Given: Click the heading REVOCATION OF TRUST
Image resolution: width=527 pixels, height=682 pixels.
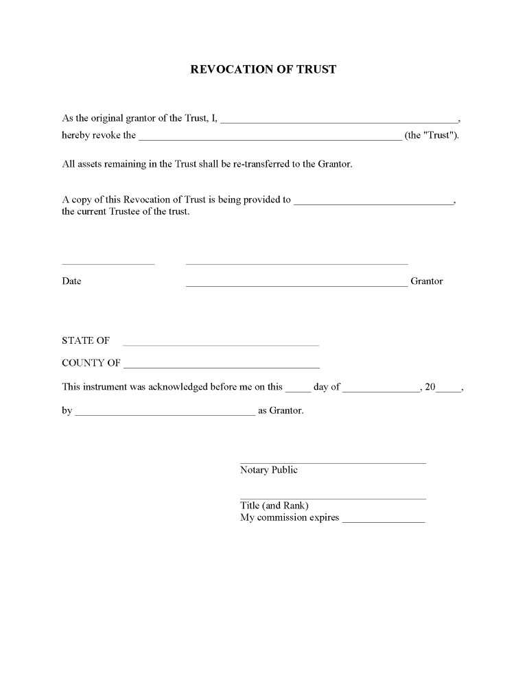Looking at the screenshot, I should click(x=263, y=69).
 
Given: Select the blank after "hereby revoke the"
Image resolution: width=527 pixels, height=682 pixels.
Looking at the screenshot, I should click(x=270, y=137).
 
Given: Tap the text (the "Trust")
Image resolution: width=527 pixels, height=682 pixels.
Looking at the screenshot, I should click(x=432, y=135).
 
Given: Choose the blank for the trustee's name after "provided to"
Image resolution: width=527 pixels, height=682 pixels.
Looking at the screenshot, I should click(x=373, y=202).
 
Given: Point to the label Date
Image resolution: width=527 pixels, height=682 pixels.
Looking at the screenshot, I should click(x=71, y=281).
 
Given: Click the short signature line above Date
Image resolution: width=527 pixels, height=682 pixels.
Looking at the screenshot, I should click(x=108, y=263).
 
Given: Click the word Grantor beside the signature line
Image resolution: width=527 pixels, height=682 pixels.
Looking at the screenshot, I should click(x=427, y=281).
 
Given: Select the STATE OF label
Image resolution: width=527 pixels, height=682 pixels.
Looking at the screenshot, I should click(x=86, y=340).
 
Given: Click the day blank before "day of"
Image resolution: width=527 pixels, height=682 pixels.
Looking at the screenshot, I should click(x=298, y=389).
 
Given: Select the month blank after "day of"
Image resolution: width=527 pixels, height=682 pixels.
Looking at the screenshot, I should click(x=381, y=389).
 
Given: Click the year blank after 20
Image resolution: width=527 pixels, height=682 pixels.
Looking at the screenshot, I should click(x=448, y=389).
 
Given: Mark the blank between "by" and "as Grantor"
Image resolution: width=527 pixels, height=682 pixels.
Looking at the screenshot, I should click(x=165, y=414).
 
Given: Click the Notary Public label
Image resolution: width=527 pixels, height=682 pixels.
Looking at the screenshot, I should click(x=269, y=470).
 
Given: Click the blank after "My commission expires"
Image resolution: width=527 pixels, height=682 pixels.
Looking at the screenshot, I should click(x=384, y=521).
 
